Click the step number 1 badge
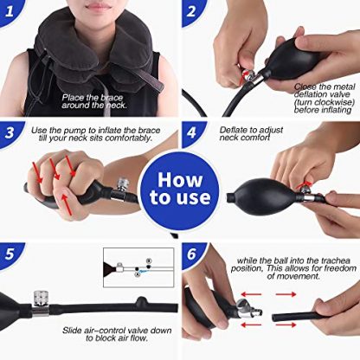click(x=9, y=11)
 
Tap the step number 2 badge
click(x=191, y=11)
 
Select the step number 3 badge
click(x=10, y=133)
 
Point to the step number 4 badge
click(x=191, y=133)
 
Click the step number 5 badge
click(x=10, y=254)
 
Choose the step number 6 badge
click(x=191, y=254)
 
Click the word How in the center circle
click(x=180, y=180)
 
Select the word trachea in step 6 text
click(x=336, y=260)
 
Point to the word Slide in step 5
click(x=71, y=331)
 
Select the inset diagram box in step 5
click(x=138, y=267)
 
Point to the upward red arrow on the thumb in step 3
click(x=67, y=205)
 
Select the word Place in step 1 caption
click(x=71, y=98)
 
